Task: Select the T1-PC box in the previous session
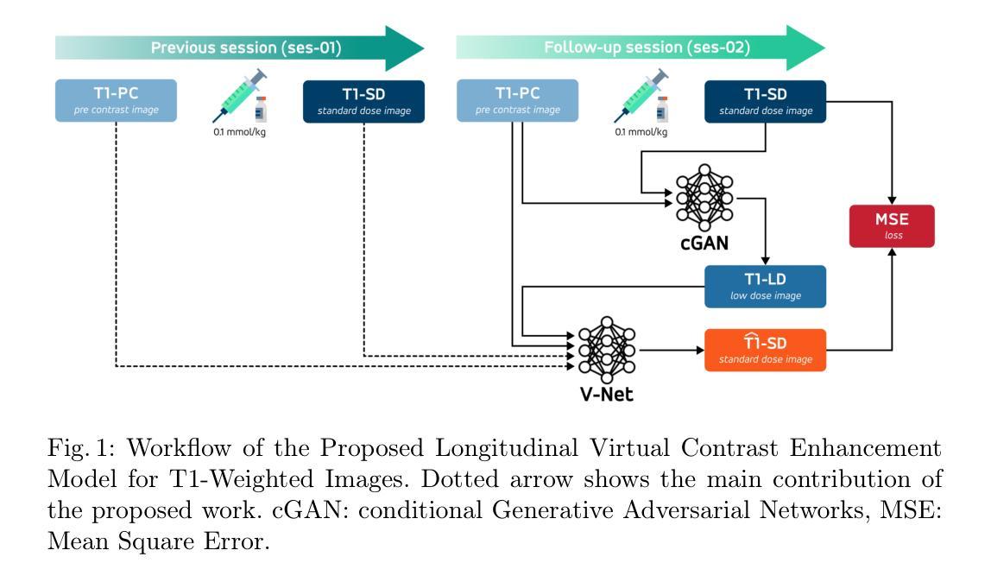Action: [x=116, y=100]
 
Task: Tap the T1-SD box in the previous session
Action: [x=364, y=100]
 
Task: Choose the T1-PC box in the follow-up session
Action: [x=516, y=100]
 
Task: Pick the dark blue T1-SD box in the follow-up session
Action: [x=765, y=100]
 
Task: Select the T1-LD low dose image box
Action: [x=765, y=287]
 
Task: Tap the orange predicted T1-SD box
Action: [x=765, y=350]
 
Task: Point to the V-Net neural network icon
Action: [x=607, y=350]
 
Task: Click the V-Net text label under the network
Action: [x=607, y=395]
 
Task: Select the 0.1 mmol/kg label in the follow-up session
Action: [x=641, y=132]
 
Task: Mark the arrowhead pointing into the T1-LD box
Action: [x=765, y=260]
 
